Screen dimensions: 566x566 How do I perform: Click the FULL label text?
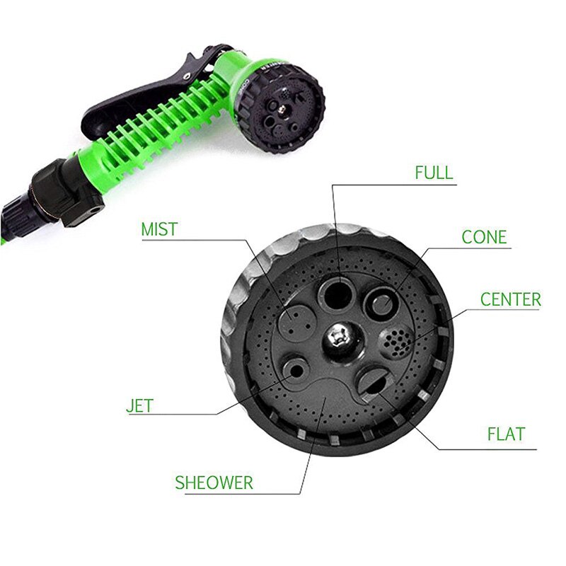tap(434, 173)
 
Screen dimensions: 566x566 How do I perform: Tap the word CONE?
tap(484, 236)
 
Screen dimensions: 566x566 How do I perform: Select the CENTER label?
tap(510, 299)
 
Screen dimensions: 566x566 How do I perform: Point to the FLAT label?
tap(506, 433)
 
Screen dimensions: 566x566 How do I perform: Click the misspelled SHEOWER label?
tap(214, 483)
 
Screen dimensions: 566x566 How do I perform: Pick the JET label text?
tap(139, 407)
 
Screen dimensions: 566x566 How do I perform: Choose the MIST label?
tap(159, 229)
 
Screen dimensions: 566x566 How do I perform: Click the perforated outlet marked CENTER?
tap(396, 345)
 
